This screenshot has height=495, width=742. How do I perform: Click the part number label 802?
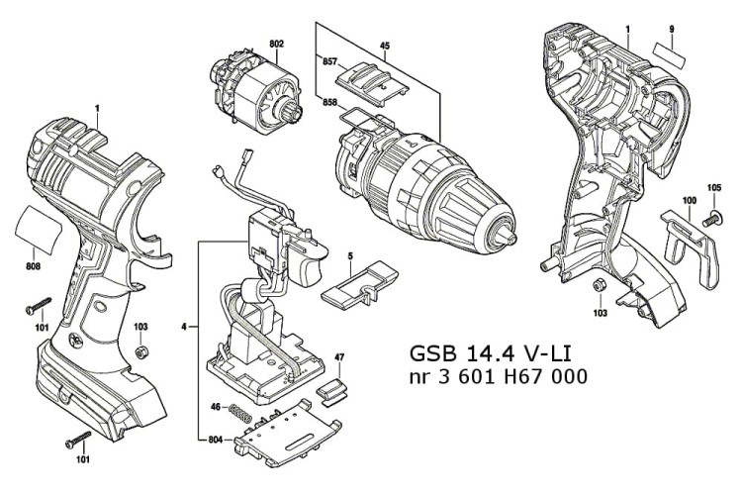click(x=276, y=44)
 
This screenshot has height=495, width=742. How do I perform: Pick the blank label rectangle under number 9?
click(x=672, y=53)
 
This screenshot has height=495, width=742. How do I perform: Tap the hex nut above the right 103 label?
click(x=599, y=286)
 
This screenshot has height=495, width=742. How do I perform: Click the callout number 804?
click(x=216, y=440)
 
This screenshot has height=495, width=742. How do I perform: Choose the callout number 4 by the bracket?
click(x=184, y=326)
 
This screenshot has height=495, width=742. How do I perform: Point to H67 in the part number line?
click(x=532, y=378)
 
